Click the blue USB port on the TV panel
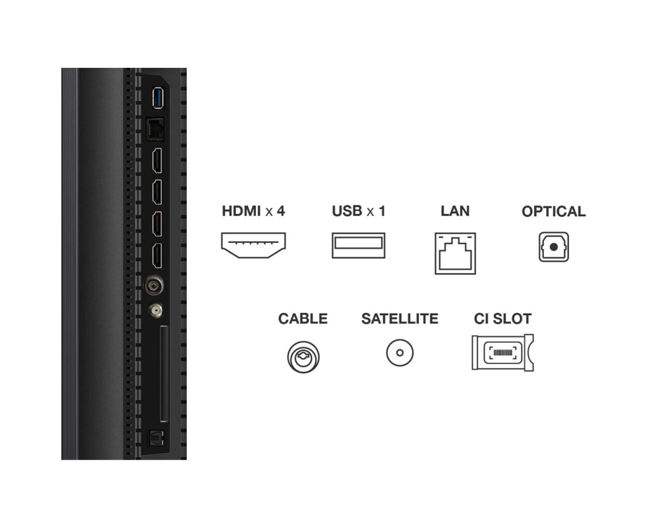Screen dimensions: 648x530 click(x=158, y=98)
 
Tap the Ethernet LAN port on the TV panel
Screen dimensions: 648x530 click(x=155, y=129)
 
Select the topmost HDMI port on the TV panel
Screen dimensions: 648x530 click(x=157, y=160)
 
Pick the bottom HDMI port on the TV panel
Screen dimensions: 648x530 click(x=157, y=256)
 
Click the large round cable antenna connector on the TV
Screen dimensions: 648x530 click(x=154, y=285)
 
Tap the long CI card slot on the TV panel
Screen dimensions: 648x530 click(x=165, y=373)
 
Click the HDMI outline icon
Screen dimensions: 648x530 click(x=254, y=245)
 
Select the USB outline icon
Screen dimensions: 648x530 click(x=358, y=245)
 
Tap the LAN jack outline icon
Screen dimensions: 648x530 click(x=455, y=253)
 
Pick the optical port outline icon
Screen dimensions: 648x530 click(x=554, y=247)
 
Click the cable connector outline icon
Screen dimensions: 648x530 click(x=303, y=357)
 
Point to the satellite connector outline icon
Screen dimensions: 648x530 click(x=400, y=352)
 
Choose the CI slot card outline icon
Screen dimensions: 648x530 click(x=503, y=352)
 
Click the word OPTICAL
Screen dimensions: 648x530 click(x=554, y=211)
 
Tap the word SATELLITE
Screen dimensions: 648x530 click(x=400, y=319)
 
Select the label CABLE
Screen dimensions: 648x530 click(x=303, y=319)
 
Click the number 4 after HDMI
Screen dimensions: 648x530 click(x=281, y=211)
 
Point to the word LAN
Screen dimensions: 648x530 click(x=455, y=211)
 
